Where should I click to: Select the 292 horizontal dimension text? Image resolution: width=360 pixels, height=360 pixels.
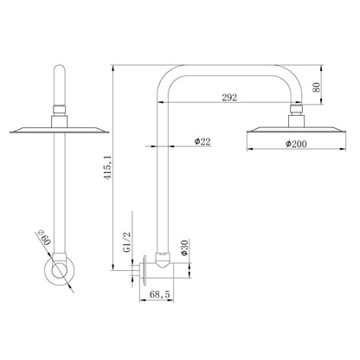tap(229, 98)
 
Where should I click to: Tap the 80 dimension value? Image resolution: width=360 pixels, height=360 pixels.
tap(317, 87)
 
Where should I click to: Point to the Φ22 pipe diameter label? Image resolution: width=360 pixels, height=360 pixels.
tap(202, 142)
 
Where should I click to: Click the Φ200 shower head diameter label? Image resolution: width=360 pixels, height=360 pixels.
tap(296, 144)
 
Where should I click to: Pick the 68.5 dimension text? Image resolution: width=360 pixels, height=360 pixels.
tap(160, 294)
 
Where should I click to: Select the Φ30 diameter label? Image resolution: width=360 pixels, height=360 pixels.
tap(184, 247)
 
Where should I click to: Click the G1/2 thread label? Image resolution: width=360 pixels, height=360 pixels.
tap(127, 242)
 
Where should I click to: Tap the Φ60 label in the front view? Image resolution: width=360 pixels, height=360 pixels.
tap(44, 237)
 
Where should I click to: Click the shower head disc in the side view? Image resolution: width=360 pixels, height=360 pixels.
tap(296, 130)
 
